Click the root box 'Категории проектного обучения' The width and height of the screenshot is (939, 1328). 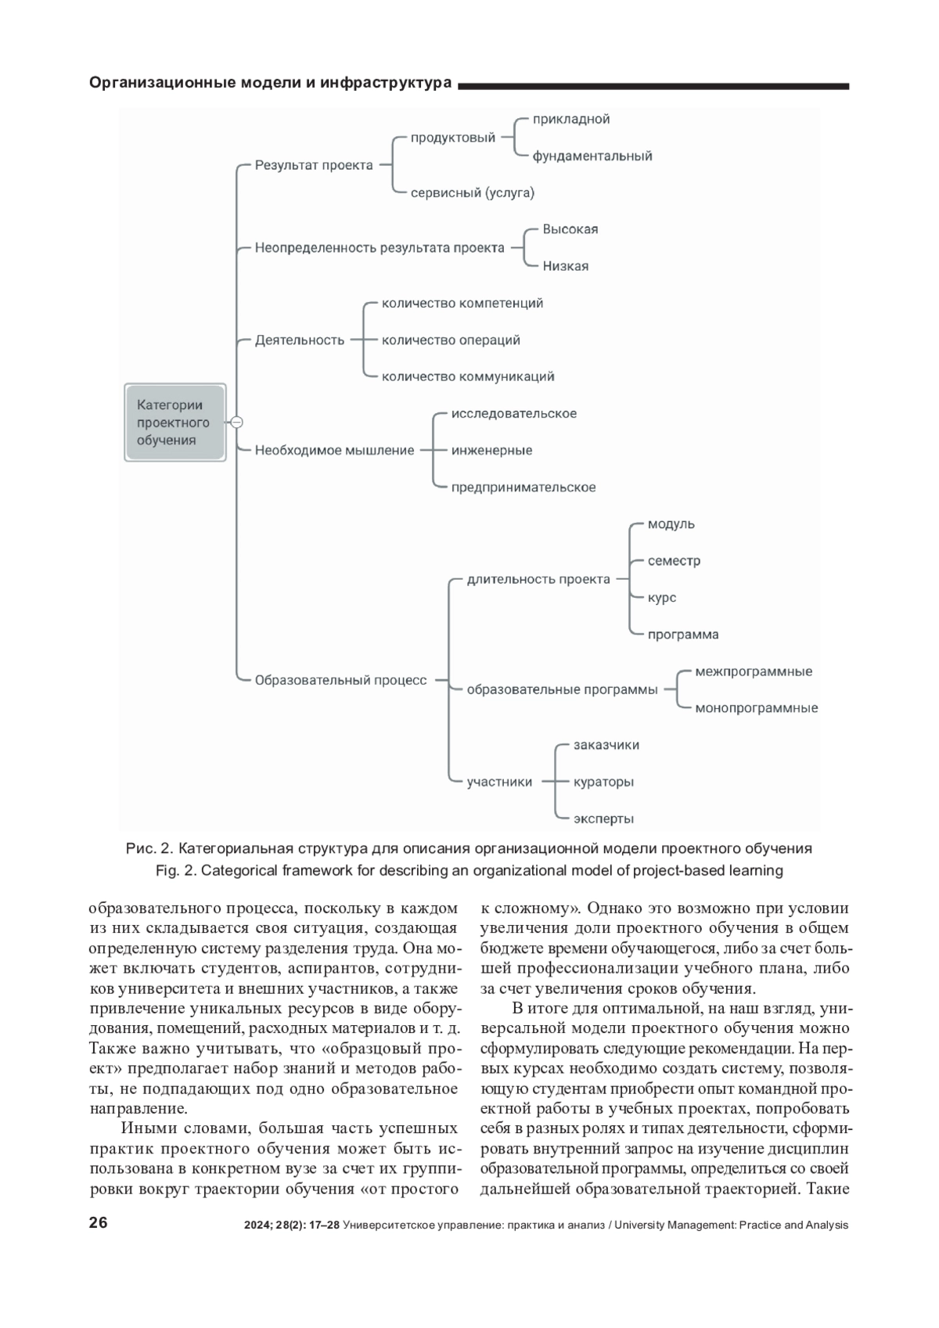174,423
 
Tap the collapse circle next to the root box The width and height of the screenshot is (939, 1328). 237,423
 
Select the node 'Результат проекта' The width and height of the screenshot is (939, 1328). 314,166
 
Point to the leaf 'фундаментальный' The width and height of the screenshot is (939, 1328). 592,157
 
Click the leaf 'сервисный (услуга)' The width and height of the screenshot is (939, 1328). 472,193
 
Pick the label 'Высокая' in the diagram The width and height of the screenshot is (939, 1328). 570,229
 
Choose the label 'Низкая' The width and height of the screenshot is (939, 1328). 565,266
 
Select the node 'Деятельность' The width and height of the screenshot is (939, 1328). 300,340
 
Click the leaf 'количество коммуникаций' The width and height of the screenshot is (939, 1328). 468,376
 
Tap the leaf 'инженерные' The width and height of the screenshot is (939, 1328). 491,451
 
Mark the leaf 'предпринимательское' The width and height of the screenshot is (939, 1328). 523,488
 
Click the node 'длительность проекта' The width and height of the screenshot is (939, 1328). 538,580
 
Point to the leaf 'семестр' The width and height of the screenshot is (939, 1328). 674,561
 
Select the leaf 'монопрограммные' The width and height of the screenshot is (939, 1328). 756,708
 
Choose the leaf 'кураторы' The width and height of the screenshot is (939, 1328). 603,782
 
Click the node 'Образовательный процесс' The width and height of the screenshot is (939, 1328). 340,681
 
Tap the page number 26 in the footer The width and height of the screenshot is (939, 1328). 99,1223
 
